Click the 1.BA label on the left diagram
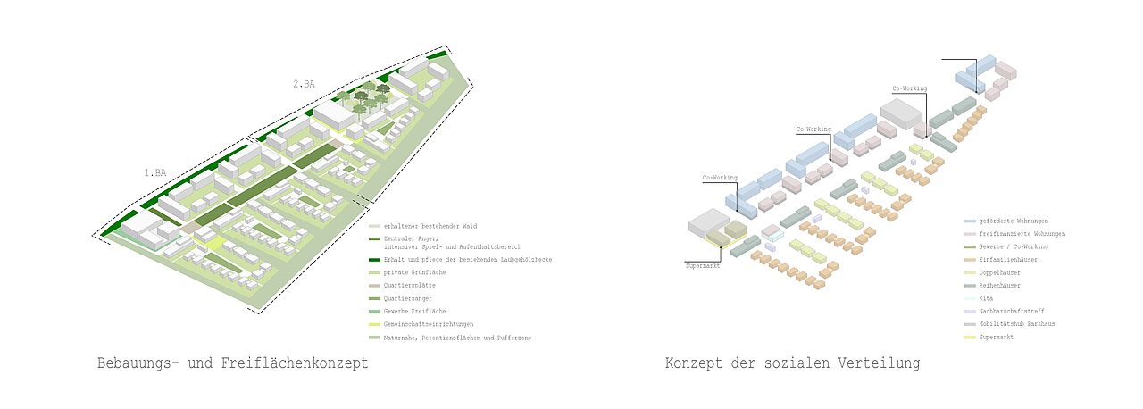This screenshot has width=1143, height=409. [x=154, y=172]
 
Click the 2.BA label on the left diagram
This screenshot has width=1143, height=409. [x=304, y=84]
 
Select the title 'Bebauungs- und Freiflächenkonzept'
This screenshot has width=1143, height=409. [x=232, y=364]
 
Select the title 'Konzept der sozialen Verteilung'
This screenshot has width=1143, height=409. [x=792, y=364]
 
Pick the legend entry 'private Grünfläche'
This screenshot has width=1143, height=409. [x=414, y=271]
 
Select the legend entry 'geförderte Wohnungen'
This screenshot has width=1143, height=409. [x=1013, y=221]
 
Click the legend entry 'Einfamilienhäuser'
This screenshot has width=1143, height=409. [x=1008, y=259]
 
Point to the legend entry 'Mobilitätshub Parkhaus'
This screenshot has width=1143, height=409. [x=1016, y=324]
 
